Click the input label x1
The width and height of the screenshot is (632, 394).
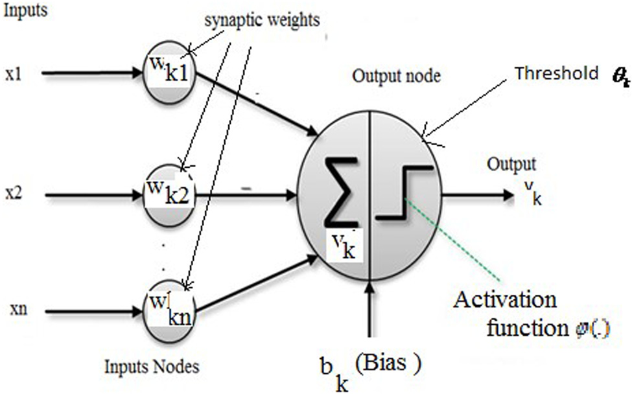(x=13, y=73)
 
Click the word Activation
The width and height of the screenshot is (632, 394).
(x=506, y=301)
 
